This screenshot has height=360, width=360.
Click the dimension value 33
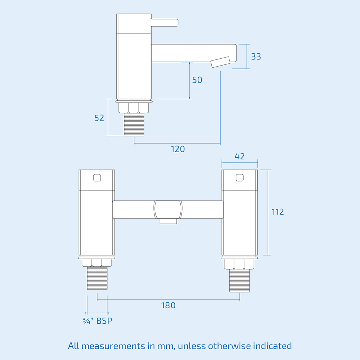[256, 57]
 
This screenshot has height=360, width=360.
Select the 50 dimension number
[197, 80]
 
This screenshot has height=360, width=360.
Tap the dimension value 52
[99, 118]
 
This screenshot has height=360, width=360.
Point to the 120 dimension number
[177, 149]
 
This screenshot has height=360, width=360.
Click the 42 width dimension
[239, 156]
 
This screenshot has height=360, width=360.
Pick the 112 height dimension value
[278, 212]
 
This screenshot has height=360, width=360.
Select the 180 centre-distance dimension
[168, 305]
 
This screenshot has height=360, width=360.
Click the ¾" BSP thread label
[97, 321]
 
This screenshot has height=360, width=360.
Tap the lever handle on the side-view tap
[165, 22]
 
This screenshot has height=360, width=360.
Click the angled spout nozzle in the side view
[220, 62]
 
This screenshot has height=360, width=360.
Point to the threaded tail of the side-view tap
[134, 124]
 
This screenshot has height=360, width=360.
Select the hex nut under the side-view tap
[134, 107]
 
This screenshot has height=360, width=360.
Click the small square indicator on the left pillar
[97, 177]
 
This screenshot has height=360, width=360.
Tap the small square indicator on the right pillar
[239, 177]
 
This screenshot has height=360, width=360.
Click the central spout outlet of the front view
[168, 221]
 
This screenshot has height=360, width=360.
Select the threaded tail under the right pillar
[240, 280]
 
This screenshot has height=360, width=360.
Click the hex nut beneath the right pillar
[240, 264]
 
